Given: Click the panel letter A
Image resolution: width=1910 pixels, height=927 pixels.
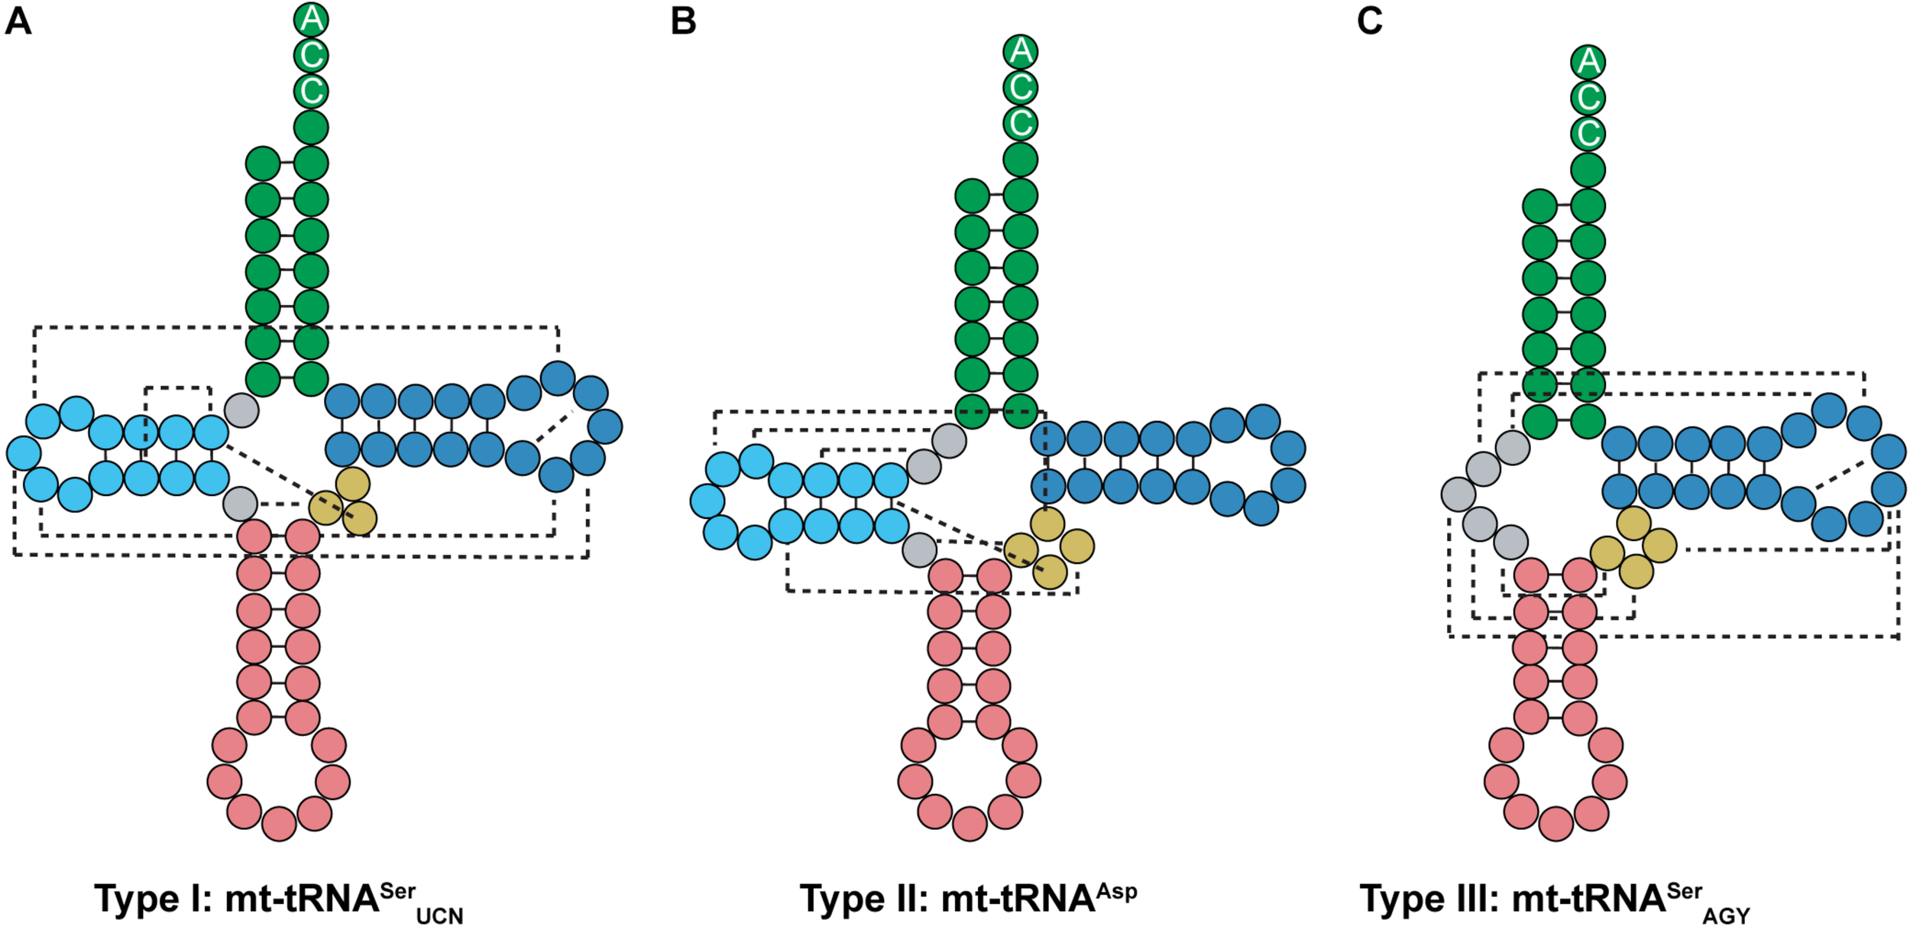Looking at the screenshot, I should (18, 21).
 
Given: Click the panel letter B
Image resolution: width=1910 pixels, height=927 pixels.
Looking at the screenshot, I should (683, 21).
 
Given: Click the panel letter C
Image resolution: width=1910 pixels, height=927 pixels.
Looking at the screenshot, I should (1370, 21).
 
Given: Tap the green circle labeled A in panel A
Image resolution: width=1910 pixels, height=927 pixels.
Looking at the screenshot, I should (311, 19).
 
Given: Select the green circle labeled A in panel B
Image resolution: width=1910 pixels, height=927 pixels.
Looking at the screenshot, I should (1021, 51).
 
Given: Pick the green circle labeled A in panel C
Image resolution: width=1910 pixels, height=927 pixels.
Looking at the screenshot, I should (1588, 62).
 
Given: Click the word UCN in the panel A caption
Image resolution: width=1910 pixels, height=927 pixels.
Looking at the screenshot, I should (439, 916).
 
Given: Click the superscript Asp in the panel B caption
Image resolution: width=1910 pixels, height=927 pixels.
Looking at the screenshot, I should (1117, 892).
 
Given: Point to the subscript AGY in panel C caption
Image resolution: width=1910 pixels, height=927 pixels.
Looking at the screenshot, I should (1726, 916).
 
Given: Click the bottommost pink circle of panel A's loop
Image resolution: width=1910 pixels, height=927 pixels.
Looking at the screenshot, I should (279, 824).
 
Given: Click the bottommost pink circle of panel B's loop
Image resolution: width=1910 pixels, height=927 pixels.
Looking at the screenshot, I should (970, 824).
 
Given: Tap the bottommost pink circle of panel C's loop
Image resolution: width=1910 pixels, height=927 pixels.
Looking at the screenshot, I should (1556, 824).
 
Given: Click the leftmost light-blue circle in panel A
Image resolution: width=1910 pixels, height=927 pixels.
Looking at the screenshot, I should (24, 453).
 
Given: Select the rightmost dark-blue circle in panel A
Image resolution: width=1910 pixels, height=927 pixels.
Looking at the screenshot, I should (605, 426).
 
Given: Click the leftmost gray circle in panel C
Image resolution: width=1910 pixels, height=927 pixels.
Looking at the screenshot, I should (1458, 494).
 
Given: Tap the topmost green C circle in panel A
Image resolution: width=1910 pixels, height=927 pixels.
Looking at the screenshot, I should (311, 55).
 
